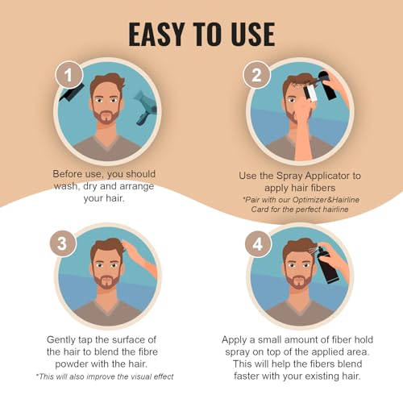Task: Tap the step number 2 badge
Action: (256, 77)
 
